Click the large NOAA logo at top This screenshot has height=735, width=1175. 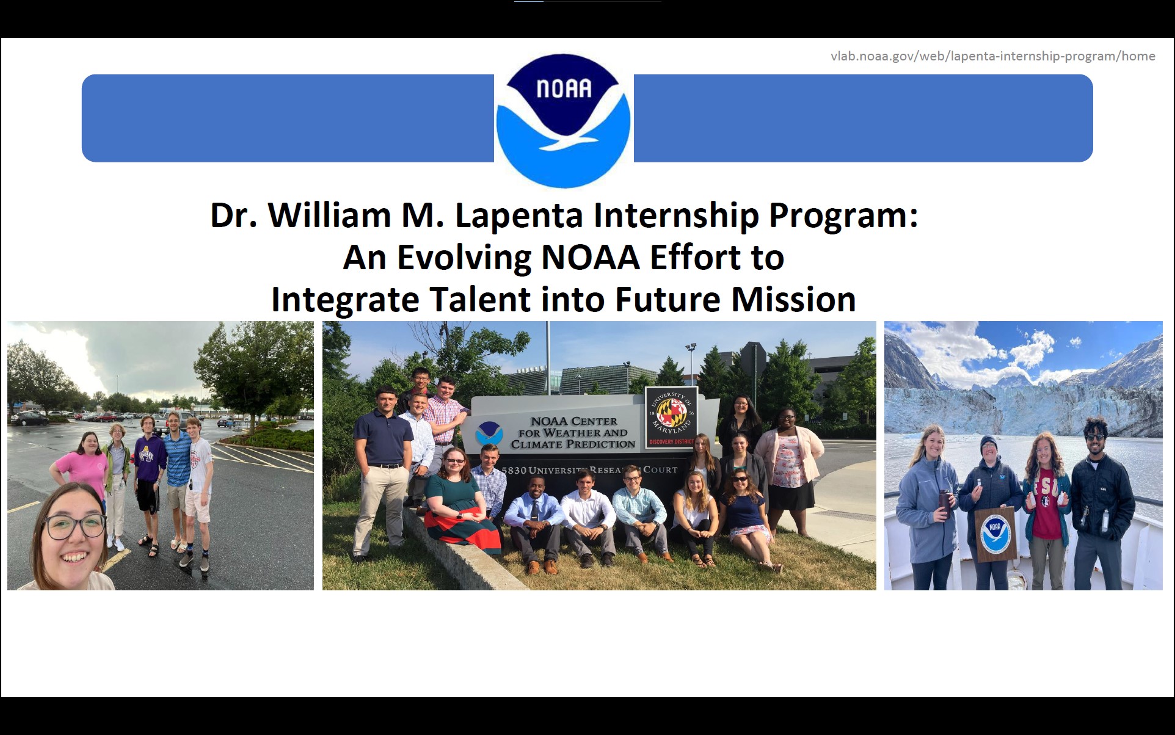click(563, 121)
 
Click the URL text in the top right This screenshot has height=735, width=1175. click(992, 56)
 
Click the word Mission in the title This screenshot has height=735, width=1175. click(793, 299)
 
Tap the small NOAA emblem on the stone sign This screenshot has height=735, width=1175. click(489, 433)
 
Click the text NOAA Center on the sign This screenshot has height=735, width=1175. click(574, 421)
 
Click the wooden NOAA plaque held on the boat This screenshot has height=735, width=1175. click(995, 534)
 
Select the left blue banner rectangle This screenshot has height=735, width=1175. click(288, 118)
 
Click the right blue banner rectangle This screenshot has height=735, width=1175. click(864, 118)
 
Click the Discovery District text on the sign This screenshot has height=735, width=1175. click(671, 441)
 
